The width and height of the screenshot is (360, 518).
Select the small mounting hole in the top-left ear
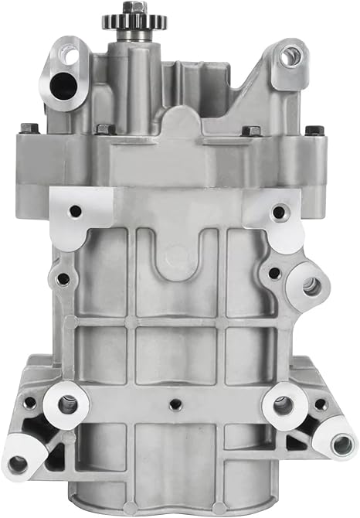[70, 56]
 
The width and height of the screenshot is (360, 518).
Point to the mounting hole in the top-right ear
[290, 55]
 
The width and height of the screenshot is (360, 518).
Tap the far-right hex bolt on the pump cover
[312, 130]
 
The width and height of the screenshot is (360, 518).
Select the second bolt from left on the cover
[104, 131]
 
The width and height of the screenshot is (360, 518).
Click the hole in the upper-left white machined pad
[76, 210]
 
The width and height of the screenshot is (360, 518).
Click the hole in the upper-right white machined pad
[277, 211]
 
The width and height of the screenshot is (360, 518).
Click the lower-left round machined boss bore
[67, 404]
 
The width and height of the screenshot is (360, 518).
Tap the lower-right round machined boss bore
[283, 404]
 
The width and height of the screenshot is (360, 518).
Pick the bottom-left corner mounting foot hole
[17, 464]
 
